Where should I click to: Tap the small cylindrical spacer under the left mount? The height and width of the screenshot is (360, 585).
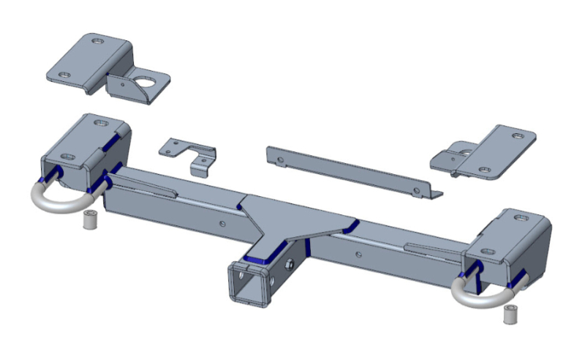click(x=89, y=220)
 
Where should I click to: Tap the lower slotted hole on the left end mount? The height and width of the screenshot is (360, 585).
click(x=68, y=157)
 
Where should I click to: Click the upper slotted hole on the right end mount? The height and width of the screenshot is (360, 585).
click(x=521, y=217)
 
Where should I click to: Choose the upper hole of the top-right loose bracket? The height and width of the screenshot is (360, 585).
click(x=518, y=135)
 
